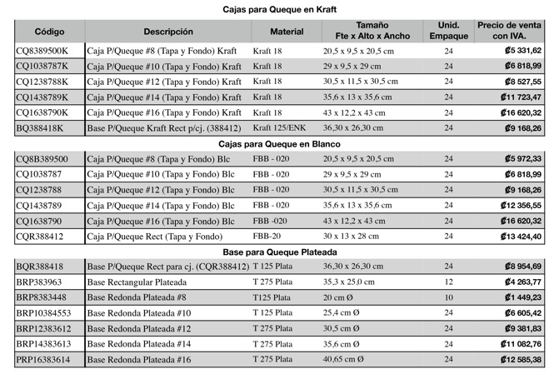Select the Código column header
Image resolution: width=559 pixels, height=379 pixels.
pos(49,31)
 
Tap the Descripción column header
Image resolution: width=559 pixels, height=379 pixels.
pos(167,31)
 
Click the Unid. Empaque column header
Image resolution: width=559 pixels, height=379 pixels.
pos(448,31)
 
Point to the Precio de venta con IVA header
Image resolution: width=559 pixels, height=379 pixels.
pos(510,31)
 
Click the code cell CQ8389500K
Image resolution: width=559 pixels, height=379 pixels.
pos(42,51)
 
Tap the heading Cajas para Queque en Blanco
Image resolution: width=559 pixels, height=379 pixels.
pos(280,143)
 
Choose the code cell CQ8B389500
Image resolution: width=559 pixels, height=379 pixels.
pos(42,159)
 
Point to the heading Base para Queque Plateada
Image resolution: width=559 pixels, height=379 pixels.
pos(280,252)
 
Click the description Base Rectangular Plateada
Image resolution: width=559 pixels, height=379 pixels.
pos(137,282)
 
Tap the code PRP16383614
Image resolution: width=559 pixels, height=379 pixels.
pos(43,360)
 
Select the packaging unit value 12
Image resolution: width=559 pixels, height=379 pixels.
pos(448,282)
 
